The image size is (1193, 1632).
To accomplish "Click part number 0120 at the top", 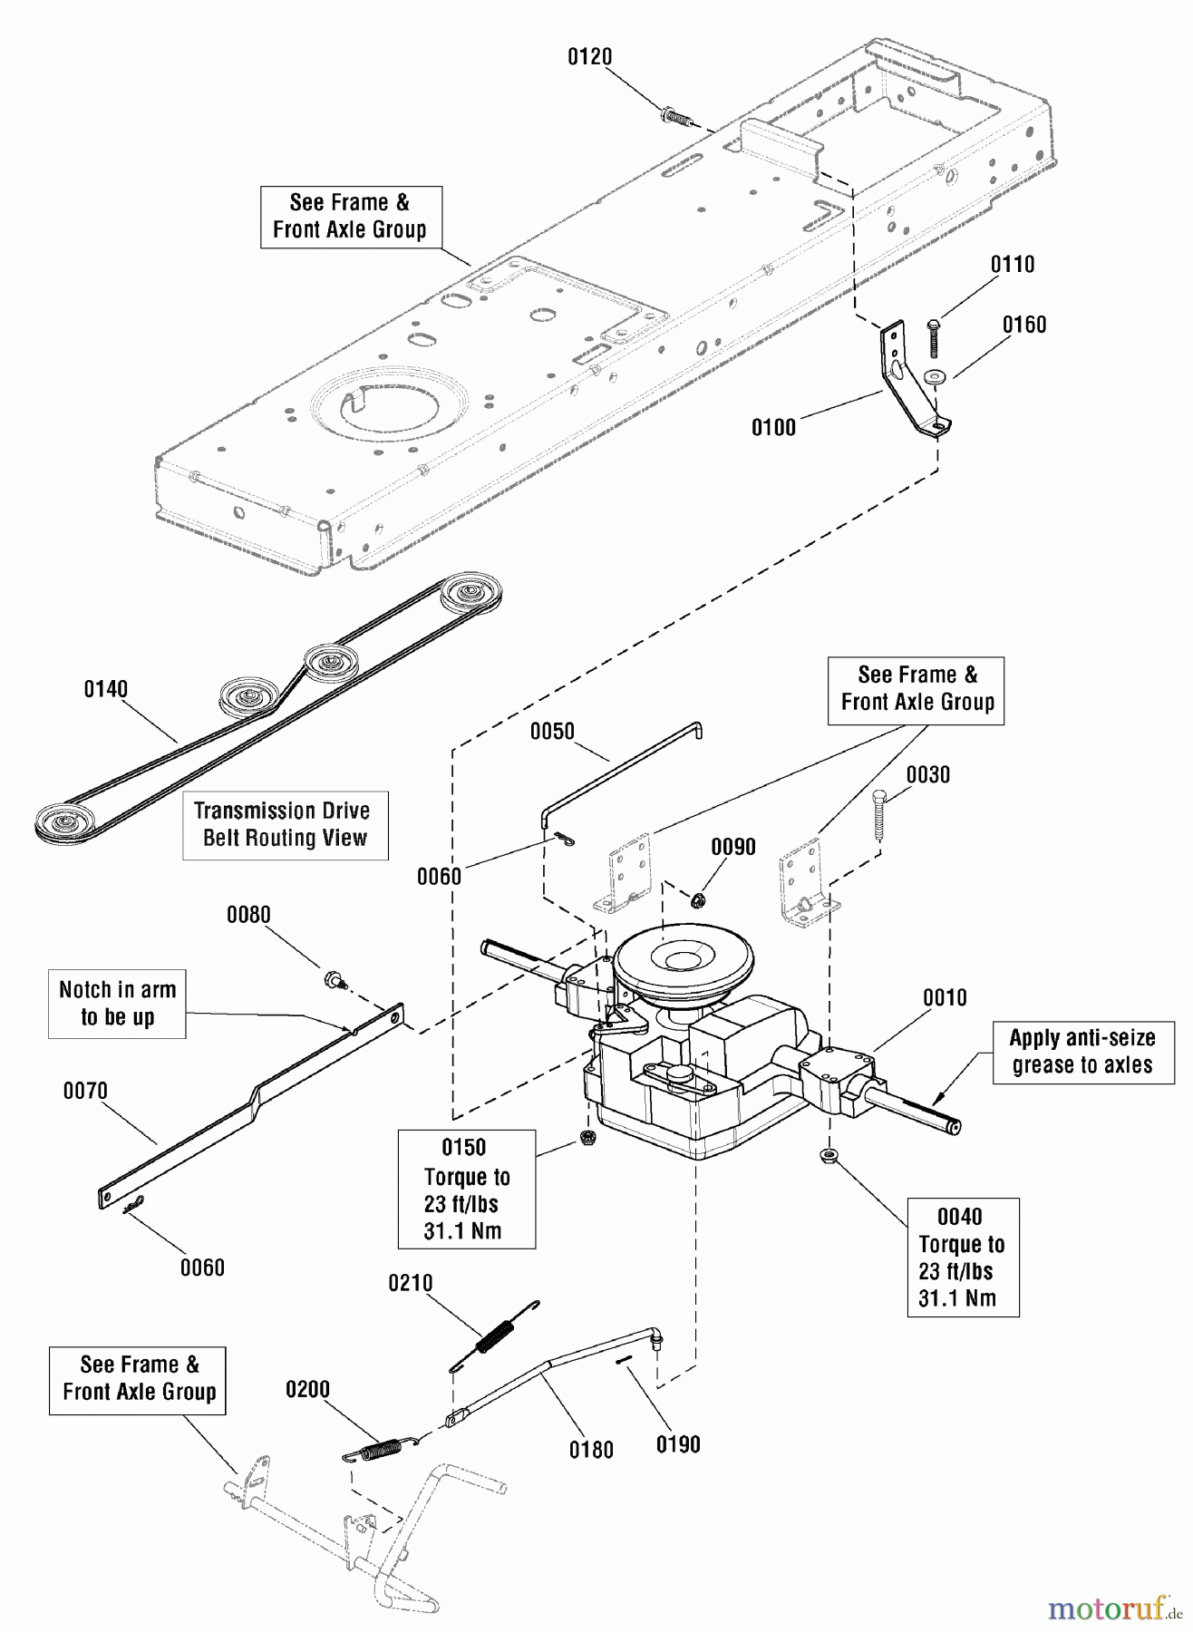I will pos(589,57).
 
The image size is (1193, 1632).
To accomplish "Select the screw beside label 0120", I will pos(674,116).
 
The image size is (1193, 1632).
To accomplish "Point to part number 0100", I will pos(772,427).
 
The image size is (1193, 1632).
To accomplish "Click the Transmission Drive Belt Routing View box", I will pos(285,824).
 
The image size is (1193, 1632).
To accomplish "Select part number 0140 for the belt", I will pos(105,689).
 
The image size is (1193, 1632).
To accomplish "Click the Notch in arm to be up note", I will pos(117,1004).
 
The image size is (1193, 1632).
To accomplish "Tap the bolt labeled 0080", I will pos(334,979).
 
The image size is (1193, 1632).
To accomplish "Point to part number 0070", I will pos(85,1091).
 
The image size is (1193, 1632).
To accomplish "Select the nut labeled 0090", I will pos(698,900).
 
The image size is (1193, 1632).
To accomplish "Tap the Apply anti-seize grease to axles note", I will pos(1082,1052).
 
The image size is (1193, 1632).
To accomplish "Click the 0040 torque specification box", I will pos(962,1257).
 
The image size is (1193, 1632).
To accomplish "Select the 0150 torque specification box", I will pos(466,1189).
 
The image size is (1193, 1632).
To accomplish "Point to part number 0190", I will pos(677,1444).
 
